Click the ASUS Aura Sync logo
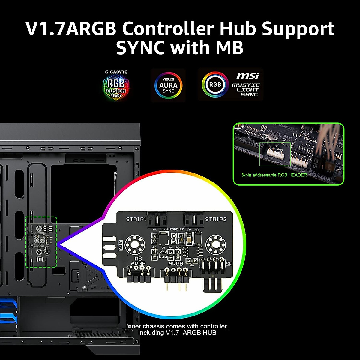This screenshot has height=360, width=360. [168, 85]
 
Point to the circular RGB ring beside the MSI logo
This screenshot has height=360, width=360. [215, 85]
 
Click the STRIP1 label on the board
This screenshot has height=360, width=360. [136, 219]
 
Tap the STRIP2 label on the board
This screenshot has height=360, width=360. [216, 219]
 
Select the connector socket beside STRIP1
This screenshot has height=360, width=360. [158, 221]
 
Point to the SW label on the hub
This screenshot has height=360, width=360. [229, 264]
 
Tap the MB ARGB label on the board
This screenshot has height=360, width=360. [138, 261]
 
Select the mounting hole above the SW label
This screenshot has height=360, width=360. [215, 244]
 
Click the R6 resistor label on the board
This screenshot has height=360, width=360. [192, 265]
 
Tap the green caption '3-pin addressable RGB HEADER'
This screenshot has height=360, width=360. [274, 175]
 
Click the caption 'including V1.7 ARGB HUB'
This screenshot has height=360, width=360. [177, 333]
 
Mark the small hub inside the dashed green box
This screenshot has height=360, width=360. [41, 242]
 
